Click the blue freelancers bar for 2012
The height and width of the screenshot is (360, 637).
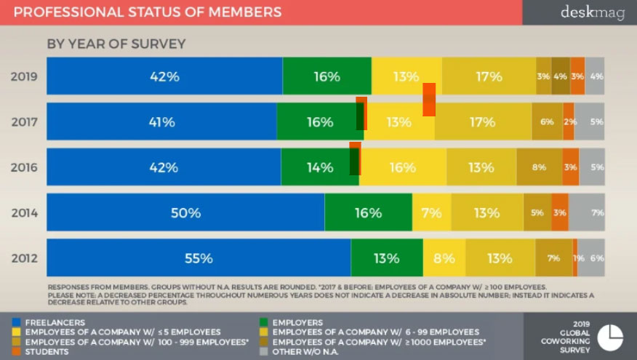point(199,257)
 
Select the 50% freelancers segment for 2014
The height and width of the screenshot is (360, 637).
point(185,212)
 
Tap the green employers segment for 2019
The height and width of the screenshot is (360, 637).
point(326,76)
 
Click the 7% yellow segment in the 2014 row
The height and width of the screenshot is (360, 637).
point(431,212)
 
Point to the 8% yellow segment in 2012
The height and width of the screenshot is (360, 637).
point(444,257)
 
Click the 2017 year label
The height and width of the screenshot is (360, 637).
point(24,122)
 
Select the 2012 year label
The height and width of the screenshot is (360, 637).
point(24,258)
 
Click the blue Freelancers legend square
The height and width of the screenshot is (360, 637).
point(17,322)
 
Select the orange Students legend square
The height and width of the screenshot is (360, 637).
point(17,351)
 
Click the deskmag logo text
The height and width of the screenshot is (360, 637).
point(592,12)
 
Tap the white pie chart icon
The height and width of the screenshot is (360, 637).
point(610,336)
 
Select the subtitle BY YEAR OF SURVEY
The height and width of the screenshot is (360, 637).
point(116,44)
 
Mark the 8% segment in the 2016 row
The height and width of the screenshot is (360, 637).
point(539,167)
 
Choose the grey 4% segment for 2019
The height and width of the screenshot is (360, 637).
point(595,76)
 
